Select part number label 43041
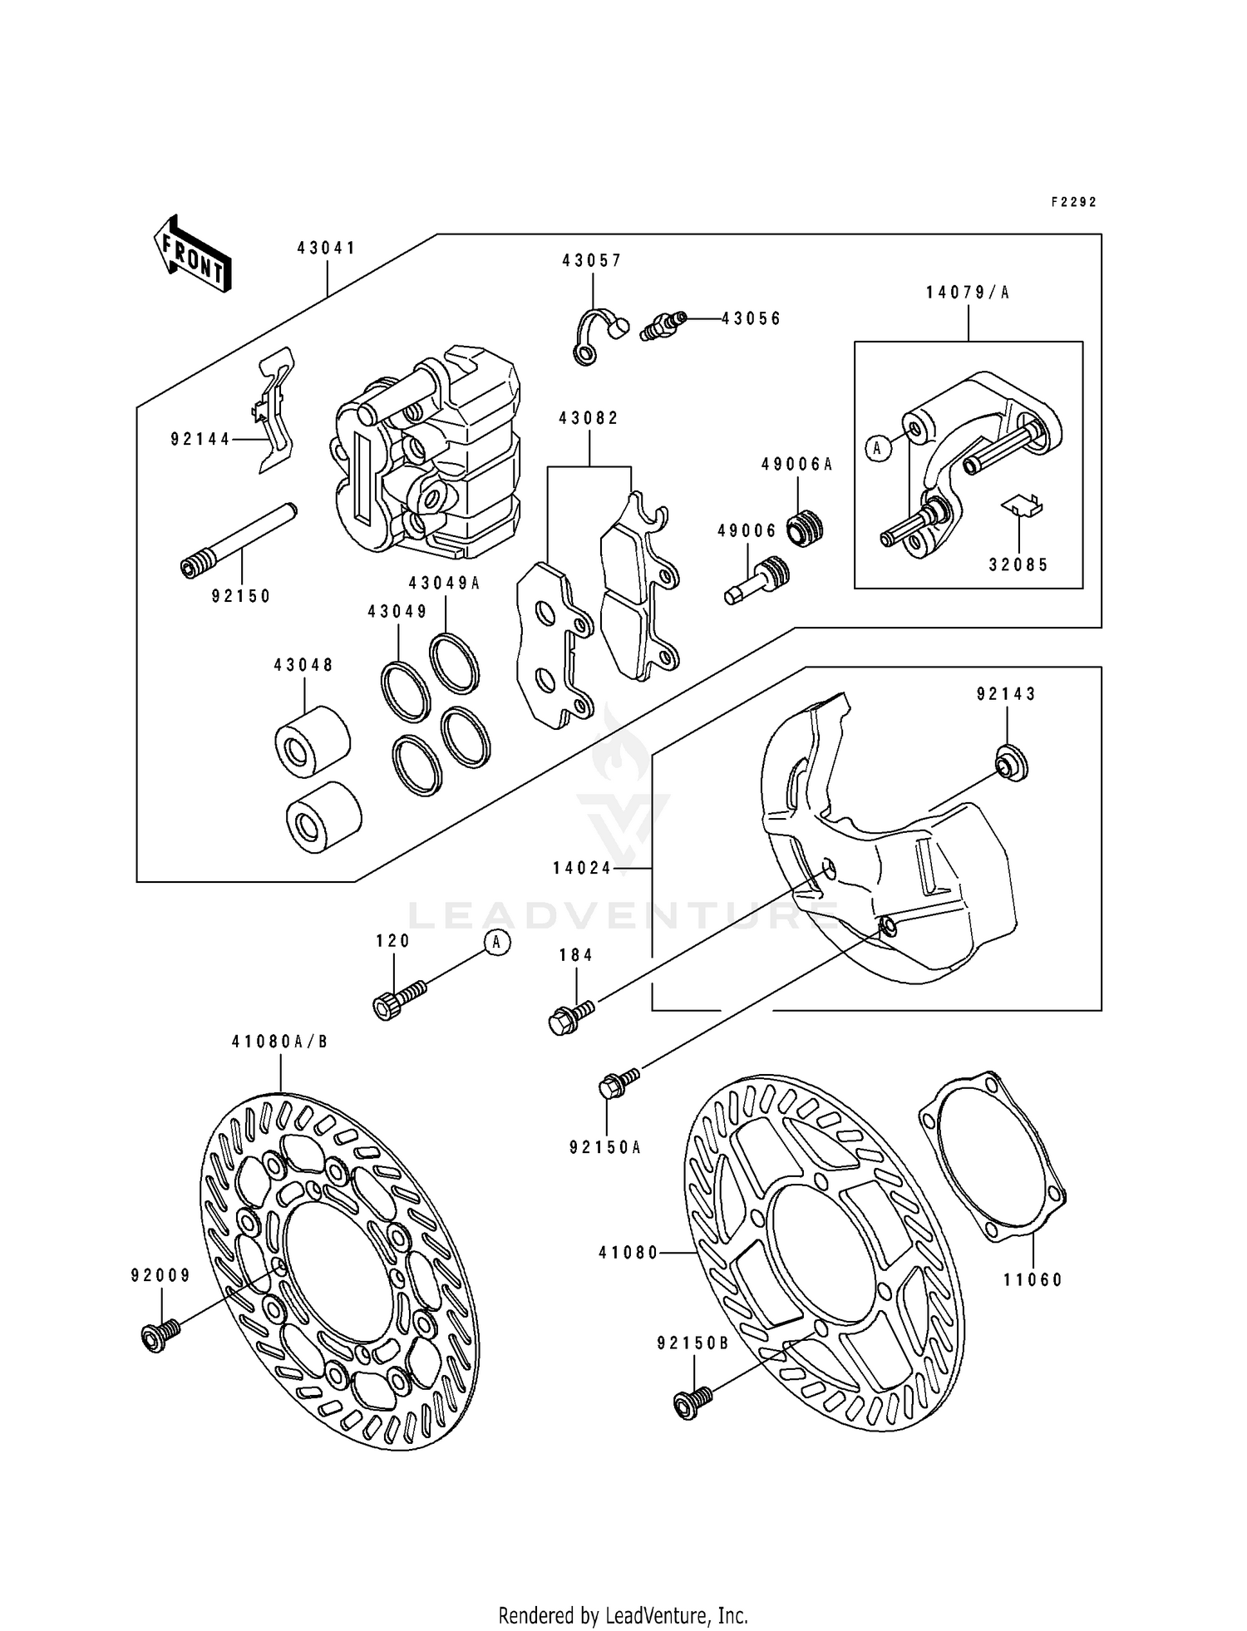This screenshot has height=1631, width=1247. [327, 248]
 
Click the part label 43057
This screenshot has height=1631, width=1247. [592, 261]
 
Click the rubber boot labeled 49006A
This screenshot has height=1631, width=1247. [805, 529]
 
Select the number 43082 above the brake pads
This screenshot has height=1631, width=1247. [589, 419]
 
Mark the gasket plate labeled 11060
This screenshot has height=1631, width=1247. [993, 1160]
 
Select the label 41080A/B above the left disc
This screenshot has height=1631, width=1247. [281, 1042]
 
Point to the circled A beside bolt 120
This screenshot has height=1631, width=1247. [496, 942]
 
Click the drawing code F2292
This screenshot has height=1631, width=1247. [1073, 202]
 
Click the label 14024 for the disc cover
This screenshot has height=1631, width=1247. [581, 869]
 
